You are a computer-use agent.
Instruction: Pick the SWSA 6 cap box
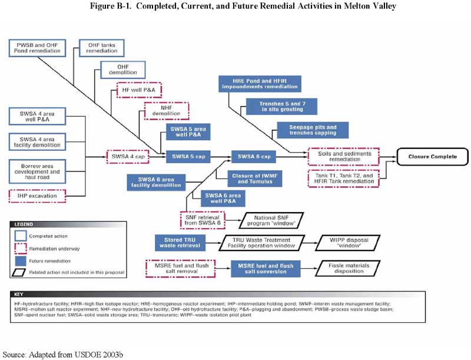(x=254, y=157)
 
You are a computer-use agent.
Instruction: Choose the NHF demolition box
(x=167, y=111)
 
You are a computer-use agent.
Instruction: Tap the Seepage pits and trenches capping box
(x=313, y=130)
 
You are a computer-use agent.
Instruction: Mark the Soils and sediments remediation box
(x=344, y=156)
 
